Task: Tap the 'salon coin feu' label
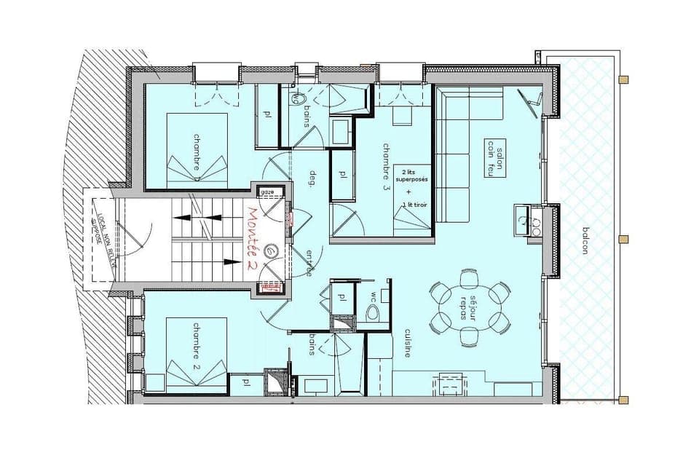(494, 156)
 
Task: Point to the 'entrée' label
(309, 262)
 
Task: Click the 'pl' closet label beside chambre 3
(342, 175)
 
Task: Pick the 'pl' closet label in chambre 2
(246, 381)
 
